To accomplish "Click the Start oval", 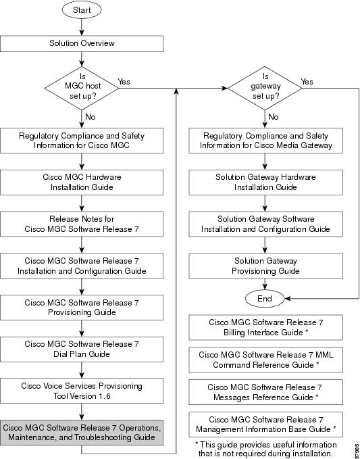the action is pyautogui.click(x=82, y=9).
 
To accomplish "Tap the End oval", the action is pyautogui.click(x=265, y=299).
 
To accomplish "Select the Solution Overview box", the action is pyautogui.click(x=82, y=44).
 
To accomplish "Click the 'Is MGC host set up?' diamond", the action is pyautogui.click(x=82, y=88).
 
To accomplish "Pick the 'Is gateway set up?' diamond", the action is pyautogui.click(x=265, y=88).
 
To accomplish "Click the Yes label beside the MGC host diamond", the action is pyautogui.click(x=124, y=82).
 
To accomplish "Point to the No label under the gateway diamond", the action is pyautogui.click(x=273, y=117).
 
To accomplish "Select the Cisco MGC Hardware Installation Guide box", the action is pyautogui.click(x=82, y=182).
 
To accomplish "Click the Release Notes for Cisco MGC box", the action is pyautogui.click(x=82, y=224).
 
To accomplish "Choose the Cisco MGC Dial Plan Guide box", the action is pyautogui.click(x=82, y=349).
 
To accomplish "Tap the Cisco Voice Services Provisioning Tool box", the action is pyautogui.click(x=82, y=391).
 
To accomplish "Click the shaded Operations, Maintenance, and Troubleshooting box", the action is pyautogui.click(x=82, y=433).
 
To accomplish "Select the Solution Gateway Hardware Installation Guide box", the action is pyautogui.click(x=266, y=182).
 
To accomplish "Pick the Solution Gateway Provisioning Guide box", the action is pyautogui.click(x=266, y=266).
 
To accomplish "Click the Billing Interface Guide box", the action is pyautogui.click(x=266, y=328).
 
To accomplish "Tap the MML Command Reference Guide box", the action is pyautogui.click(x=266, y=360).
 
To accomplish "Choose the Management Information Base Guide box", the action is pyautogui.click(x=266, y=425).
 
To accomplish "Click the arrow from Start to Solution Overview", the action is pyautogui.click(x=82, y=27).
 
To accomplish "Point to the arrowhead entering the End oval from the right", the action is pyautogui.click(x=288, y=299).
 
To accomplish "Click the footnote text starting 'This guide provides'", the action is pyautogui.click(x=266, y=449).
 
